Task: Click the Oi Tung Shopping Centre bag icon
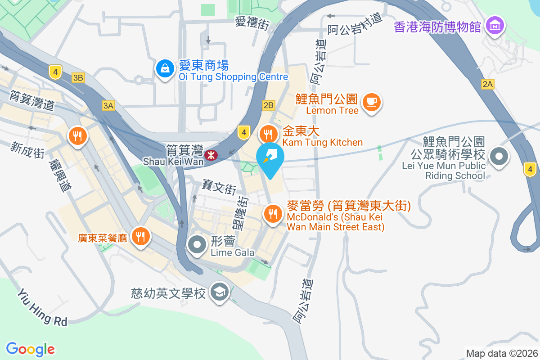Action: (x=165, y=69)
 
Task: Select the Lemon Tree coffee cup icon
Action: (x=371, y=102)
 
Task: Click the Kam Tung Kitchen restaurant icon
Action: (x=268, y=134)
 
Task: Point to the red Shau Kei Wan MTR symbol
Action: (x=210, y=155)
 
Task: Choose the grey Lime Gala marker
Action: (x=197, y=245)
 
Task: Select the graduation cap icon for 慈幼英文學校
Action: (x=220, y=292)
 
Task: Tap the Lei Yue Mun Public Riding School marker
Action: (x=499, y=157)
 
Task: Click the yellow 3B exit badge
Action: (x=78, y=78)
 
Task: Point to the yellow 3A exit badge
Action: (x=108, y=106)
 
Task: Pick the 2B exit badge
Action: (x=268, y=105)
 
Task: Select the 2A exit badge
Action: (x=487, y=84)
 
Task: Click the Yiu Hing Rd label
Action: (x=42, y=307)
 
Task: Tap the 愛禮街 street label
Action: (x=252, y=23)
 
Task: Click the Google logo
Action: (x=30, y=349)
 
